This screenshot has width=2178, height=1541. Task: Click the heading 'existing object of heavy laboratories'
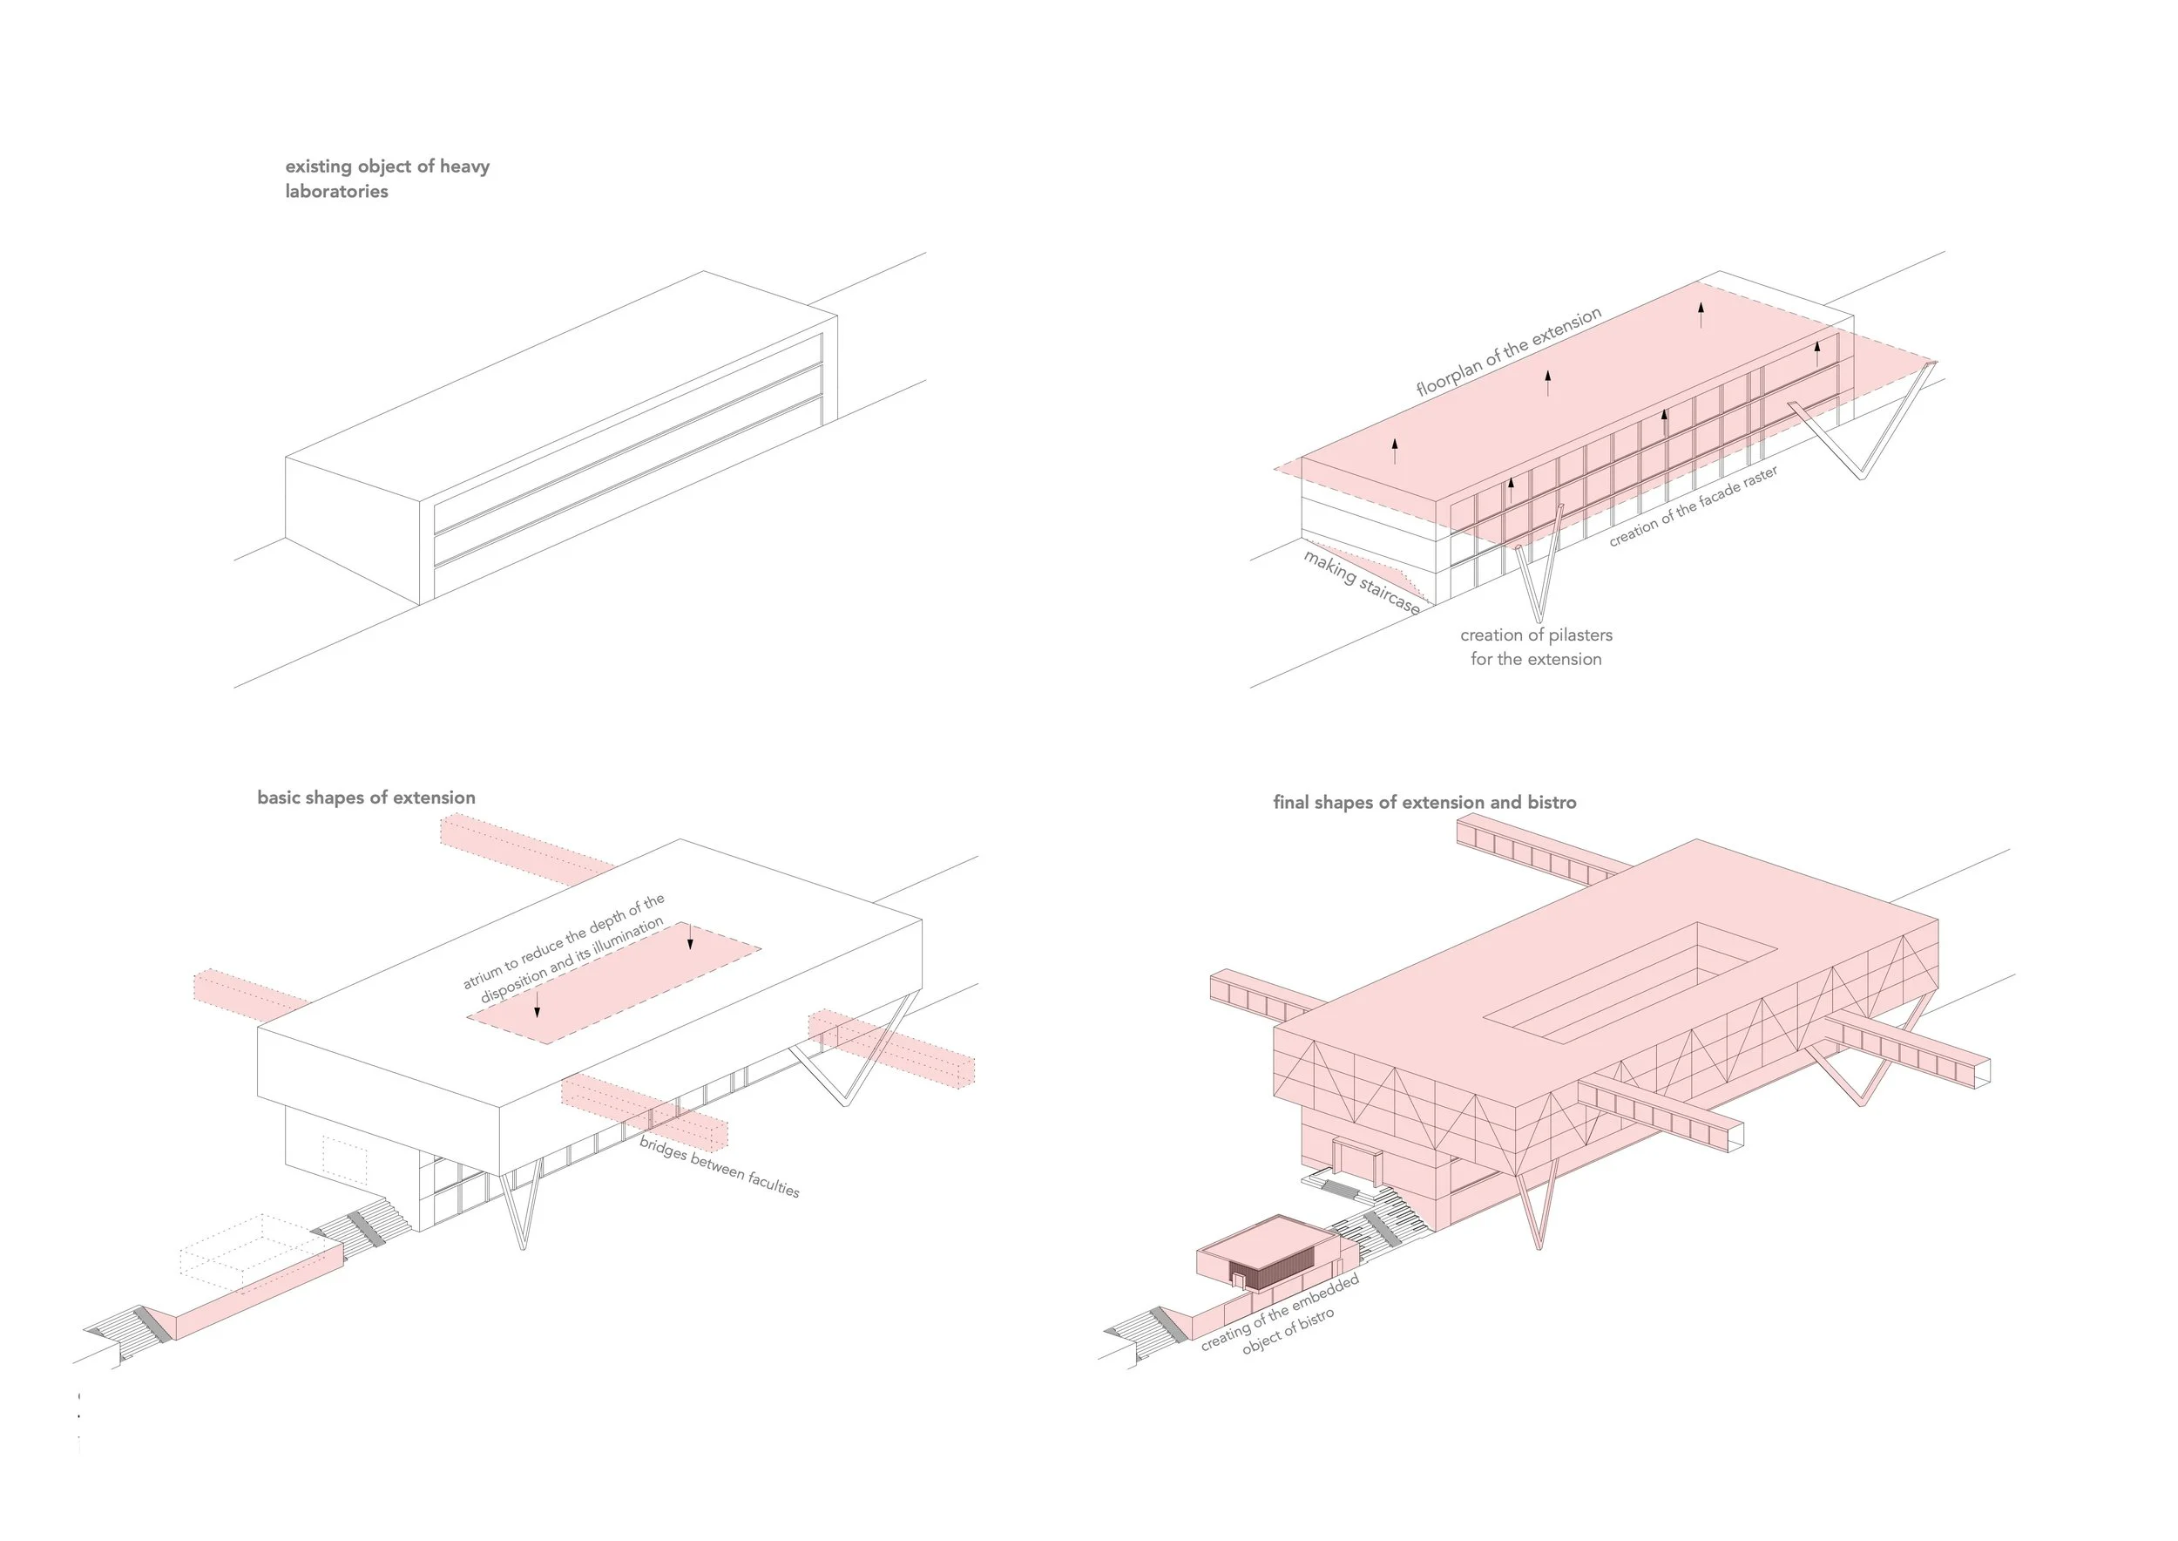click(x=387, y=179)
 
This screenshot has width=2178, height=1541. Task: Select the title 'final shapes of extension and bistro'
click(x=1424, y=803)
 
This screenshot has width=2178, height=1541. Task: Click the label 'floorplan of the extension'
click(x=1508, y=352)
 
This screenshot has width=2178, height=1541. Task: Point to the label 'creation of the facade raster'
click(x=1693, y=506)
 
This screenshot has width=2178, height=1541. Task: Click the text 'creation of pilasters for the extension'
click(x=1536, y=647)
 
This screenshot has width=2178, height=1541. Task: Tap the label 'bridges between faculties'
click(x=719, y=1166)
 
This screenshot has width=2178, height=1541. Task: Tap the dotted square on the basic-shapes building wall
click(x=345, y=1159)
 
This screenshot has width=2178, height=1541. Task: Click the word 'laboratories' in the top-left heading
click(x=337, y=192)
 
